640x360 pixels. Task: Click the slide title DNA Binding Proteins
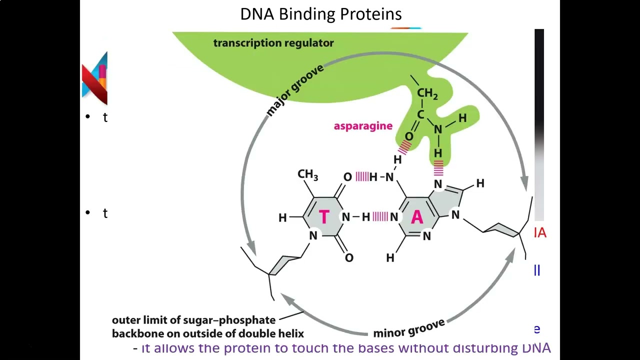[320, 14]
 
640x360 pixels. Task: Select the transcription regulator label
[273, 43]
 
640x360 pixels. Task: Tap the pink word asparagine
[363, 126]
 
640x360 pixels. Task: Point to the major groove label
[295, 90]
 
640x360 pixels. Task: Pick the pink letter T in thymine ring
[324, 217]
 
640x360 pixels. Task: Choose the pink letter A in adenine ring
[416, 217]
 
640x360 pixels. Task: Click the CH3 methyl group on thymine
[307, 174]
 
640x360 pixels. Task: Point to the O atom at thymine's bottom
[349, 257]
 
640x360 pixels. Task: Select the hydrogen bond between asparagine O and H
[404, 146]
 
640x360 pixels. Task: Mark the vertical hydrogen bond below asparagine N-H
[438, 168]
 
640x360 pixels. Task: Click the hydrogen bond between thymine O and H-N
[361, 176]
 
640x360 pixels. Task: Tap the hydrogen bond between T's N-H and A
[379, 216]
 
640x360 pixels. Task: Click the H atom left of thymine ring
[282, 218]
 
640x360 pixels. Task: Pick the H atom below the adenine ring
[390, 257]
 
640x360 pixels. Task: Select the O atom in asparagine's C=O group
[409, 136]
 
